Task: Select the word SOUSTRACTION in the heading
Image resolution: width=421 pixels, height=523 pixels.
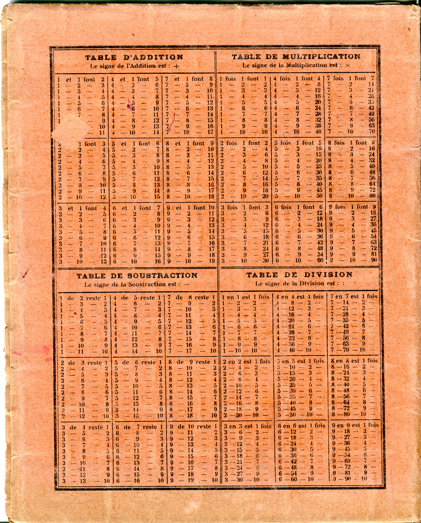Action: [162, 275]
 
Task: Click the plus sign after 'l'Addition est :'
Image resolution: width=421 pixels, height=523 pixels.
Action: [176, 67]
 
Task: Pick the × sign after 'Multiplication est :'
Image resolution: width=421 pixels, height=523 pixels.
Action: [347, 65]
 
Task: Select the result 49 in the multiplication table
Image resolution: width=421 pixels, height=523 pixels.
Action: [371, 114]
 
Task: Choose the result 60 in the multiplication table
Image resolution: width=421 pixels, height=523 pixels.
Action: [320, 261]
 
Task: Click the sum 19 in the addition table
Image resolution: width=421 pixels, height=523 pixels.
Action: [212, 261]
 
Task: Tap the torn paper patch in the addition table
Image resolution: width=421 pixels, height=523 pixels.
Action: [70, 129]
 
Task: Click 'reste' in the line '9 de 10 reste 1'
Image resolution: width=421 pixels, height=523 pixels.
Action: [203, 427]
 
